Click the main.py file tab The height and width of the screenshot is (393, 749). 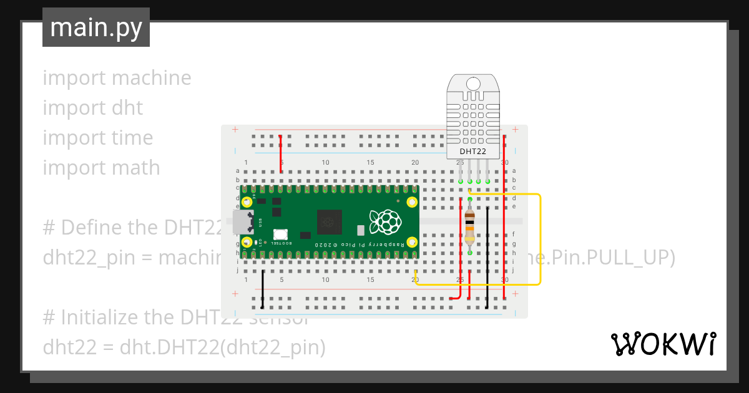[96, 27]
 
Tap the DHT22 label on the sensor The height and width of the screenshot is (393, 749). [472, 151]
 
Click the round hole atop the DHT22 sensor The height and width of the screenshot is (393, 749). [473, 84]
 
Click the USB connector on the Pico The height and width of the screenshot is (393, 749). [242, 221]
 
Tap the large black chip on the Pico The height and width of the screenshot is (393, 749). [330, 222]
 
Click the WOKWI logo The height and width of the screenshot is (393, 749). [663, 344]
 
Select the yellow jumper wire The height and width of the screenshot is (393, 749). [540, 240]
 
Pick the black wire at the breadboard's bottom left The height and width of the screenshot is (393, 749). [262, 289]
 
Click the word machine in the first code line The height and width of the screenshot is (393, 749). [151, 78]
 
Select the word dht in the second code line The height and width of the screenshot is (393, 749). [129, 108]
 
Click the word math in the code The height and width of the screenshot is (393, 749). [136, 168]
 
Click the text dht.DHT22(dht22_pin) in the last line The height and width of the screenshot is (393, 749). [222, 347]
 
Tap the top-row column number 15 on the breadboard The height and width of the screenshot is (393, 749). [370, 163]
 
